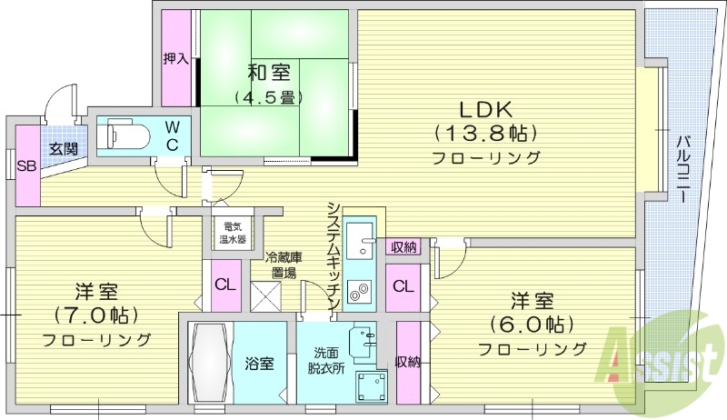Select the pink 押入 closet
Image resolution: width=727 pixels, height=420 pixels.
coord(175,58)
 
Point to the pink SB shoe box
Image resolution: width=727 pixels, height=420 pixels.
coord(26,165)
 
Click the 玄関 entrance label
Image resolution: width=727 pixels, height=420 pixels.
coord(63,147)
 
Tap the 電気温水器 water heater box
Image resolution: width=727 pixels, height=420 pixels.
coord(232,235)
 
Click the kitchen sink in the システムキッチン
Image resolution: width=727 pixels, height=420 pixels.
coord(359,240)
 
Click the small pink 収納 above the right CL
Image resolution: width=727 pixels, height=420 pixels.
coord(403,246)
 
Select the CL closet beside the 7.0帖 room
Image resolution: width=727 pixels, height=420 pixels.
coord(224,284)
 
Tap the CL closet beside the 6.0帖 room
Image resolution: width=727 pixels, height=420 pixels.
coord(403,285)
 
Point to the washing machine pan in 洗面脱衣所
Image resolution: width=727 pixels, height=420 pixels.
coord(371,385)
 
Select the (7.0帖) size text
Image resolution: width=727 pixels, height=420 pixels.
coord(95,316)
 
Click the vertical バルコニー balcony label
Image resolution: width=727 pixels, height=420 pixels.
coord(682,168)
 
